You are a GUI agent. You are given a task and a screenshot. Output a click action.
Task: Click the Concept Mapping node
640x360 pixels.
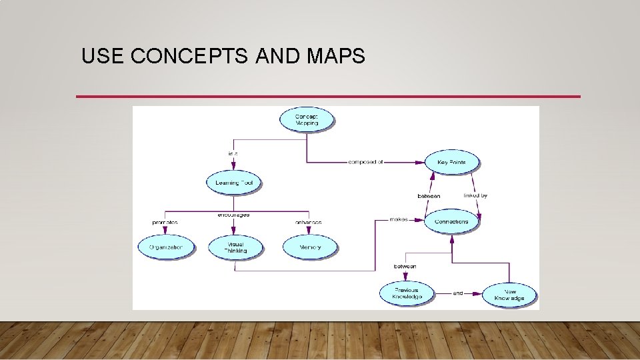(x=307, y=120)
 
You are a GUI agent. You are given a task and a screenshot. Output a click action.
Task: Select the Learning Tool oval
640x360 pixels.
(x=234, y=183)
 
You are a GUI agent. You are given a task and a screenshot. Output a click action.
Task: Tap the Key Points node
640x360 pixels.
(x=451, y=163)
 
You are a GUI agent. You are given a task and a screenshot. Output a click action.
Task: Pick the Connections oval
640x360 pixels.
(x=451, y=221)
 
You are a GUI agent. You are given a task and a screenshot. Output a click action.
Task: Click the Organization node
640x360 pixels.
(x=166, y=247)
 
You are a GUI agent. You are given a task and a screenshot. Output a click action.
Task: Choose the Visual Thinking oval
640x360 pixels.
(x=235, y=247)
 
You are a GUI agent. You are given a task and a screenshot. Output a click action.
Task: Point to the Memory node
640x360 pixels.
(x=310, y=247)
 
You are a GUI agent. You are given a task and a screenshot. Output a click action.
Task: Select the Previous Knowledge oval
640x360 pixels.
(x=406, y=293)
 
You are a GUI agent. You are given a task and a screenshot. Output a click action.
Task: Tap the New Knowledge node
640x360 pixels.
(x=509, y=295)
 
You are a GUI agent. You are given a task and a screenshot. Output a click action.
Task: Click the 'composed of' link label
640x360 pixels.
(x=366, y=162)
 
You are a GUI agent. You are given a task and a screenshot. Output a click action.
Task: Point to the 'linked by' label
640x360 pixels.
(x=475, y=195)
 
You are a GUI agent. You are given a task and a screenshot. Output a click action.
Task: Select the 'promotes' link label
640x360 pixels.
(x=164, y=222)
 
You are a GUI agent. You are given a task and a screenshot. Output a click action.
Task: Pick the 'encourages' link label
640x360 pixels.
(x=233, y=215)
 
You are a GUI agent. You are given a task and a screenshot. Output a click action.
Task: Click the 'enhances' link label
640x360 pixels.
(x=308, y=222)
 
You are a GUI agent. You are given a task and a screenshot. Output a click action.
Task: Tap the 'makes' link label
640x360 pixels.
(x=399, y=219)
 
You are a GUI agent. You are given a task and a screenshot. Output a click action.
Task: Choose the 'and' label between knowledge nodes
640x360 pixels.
(x=458, y=293)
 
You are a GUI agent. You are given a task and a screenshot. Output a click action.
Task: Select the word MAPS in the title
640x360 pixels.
(x=336, y=57)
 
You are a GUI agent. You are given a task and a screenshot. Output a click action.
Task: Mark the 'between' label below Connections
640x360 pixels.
(x=405, y=266)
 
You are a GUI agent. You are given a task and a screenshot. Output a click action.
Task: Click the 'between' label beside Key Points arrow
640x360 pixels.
(x=429, y=196)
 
